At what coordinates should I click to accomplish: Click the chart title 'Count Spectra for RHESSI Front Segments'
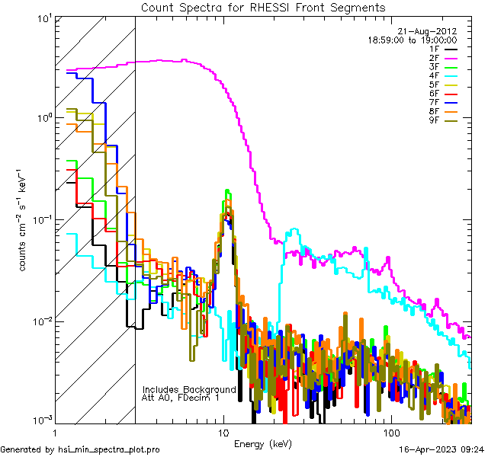pos(263,7)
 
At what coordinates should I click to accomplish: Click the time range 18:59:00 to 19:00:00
pos(413,40)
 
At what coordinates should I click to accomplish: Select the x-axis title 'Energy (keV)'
pos(263,443)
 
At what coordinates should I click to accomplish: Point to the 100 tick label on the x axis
pos(391,432)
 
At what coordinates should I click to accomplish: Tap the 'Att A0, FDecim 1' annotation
pos(181,398)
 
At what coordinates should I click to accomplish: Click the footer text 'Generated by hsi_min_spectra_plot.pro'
pos(80,450)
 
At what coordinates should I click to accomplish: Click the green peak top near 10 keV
pos(227,191)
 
